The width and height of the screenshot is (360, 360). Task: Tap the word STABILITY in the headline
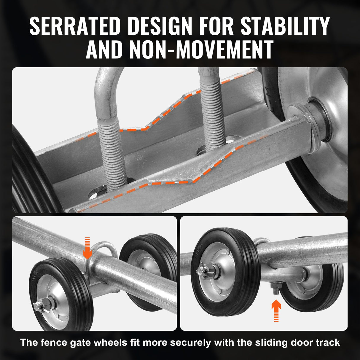[285, 26]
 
